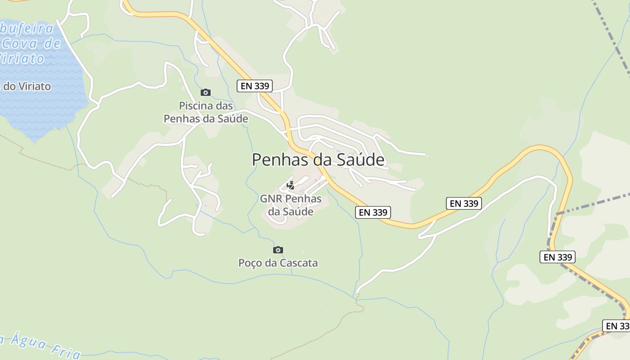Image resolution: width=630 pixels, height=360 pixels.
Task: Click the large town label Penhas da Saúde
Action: pyautogui.click(x=318, y=160)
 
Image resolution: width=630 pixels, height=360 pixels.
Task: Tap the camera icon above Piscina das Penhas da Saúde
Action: pyautogui.click(x=206, y=92)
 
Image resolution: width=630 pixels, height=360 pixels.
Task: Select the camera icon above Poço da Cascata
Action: pyautogui.click(x=278, y=250)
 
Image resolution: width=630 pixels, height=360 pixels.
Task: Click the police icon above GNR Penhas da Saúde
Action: pyautogui.click(x=291, y=185)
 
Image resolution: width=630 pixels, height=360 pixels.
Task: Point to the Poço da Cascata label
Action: pyautogui.click(x=278, y=263)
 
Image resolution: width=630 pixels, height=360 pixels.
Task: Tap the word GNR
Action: pyautogui.click(x=271, y=199)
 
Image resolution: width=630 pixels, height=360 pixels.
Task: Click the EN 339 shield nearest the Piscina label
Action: pyautogui.click(x=255, y=86)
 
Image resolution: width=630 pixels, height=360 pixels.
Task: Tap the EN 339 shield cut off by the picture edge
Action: pyautogui.click(x=617, y=326)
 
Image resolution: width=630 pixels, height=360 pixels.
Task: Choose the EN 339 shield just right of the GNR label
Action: pyautogui.click(x=373, y=212)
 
